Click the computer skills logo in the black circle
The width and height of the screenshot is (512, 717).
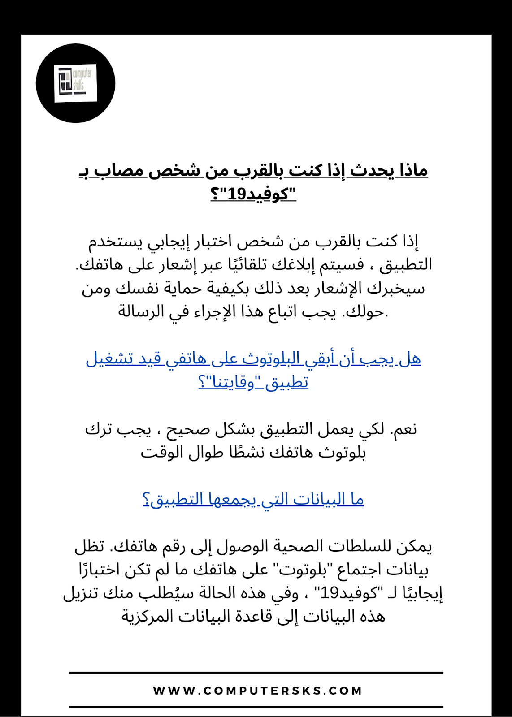tap(75, 83)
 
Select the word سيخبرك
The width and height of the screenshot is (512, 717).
tap(395, 288)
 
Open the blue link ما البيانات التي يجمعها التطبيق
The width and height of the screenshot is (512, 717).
tap(253, 499)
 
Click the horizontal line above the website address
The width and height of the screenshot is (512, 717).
tap(256, 673)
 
